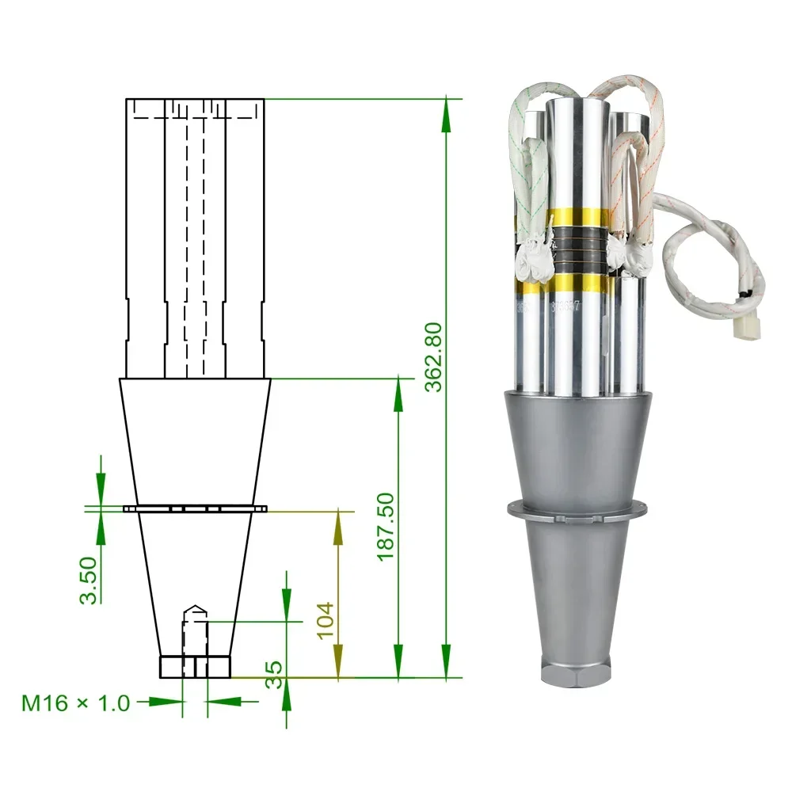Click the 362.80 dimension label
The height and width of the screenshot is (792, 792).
point(433,357)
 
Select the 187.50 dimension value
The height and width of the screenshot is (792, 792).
point(386,527)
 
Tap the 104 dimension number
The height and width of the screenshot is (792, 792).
point(326,621)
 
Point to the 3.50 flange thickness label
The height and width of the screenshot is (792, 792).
point(88,581)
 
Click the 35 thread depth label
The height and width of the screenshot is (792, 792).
point(274,675)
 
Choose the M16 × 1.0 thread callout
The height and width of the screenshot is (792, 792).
point(76,703)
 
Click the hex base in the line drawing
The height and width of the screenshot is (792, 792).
point(195,667)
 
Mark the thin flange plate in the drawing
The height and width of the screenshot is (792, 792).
point(195,508)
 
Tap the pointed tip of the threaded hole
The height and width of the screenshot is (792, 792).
point(195,606)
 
